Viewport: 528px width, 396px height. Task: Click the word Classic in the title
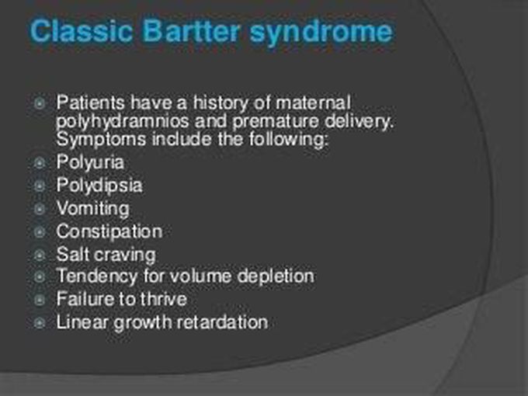(82, 31)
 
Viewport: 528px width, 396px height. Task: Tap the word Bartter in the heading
(192, 31)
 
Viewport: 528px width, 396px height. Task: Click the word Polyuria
(90, 162)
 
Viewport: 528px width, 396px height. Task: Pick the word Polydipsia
(99, 186)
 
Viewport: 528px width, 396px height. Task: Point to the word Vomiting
(93, 208)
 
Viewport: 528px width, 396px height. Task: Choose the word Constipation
(109, 231)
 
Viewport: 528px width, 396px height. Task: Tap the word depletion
(276, 276)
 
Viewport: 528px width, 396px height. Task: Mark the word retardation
(222, 321)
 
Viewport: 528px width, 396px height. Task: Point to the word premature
(275, 122)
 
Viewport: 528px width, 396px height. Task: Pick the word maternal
(313, 102)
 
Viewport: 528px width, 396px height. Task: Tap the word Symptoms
(101, 140)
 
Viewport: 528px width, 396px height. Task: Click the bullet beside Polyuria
(40, 163)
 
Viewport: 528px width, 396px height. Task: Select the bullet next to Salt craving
(40, 255)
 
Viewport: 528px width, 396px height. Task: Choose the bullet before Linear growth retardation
(40, 322)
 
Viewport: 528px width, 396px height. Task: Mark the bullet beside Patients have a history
(40, 103)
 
